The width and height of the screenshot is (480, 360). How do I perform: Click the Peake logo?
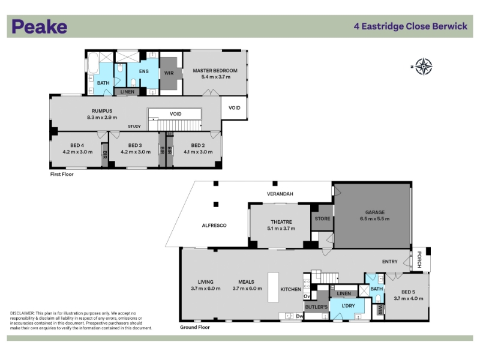40,26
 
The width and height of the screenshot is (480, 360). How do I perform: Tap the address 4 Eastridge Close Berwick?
410,26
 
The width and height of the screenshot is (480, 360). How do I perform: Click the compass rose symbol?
424,67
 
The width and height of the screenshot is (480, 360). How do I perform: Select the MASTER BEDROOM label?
215,70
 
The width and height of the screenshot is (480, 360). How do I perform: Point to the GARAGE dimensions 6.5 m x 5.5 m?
374,218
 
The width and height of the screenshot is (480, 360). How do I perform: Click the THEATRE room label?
281,222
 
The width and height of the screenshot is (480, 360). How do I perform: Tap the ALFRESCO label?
214,226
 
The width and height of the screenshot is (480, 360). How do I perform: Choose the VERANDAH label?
280,194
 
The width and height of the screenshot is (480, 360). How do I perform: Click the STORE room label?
322,218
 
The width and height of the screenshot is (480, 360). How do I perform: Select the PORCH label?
419,260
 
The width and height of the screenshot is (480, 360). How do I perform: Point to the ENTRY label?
389,262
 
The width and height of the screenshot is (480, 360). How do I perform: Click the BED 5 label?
409,292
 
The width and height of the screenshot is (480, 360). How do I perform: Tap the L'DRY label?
348,305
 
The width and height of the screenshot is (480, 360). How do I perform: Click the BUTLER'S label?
316,307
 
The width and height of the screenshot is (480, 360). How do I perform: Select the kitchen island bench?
274,287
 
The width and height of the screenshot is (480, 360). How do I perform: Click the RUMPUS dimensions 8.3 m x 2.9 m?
102,117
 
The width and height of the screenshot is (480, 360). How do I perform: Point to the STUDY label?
134,126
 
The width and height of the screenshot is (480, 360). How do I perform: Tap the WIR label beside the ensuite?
169,73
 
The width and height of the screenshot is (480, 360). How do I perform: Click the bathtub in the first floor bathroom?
93,64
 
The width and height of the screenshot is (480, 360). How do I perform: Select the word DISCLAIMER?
22,313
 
